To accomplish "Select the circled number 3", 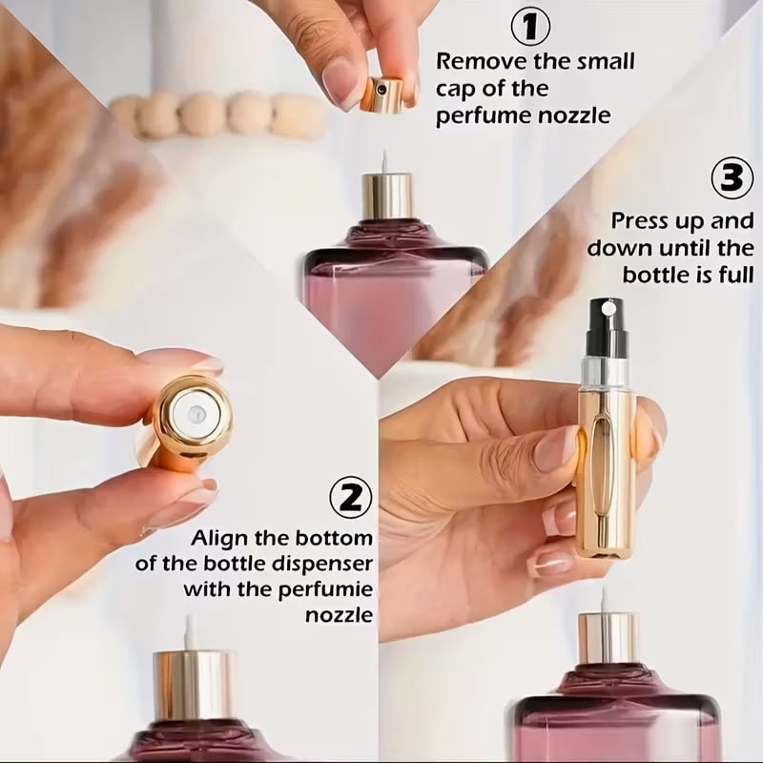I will click(732, 178).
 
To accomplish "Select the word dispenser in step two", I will click(320, 563).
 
